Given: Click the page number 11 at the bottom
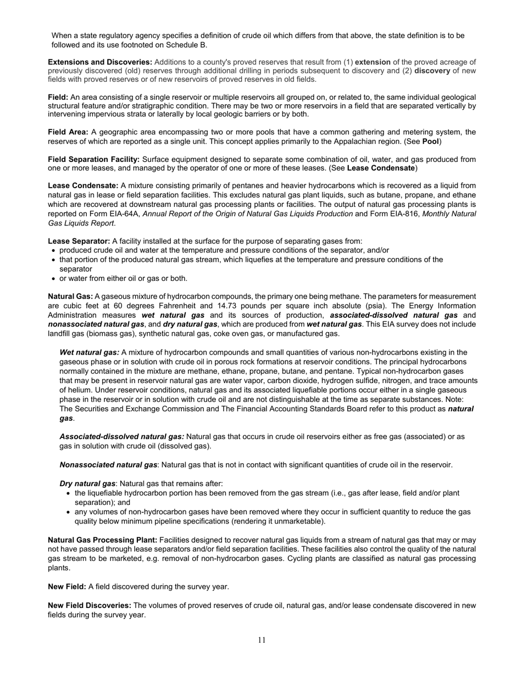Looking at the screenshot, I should click(x=262, y=640).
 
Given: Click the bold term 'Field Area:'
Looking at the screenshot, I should click(x=68, y=132).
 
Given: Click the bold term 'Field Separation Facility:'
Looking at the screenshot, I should click(x=94, y=160).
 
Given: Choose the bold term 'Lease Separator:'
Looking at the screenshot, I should click(x=79, y=241).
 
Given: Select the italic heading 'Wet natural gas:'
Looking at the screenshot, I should click(x=89, y=352).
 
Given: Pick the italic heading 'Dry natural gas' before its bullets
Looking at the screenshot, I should click(x=87, y=483).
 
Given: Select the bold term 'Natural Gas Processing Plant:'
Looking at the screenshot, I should click(x=103, y=540).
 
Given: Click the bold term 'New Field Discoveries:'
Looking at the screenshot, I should click(x=90, y=606).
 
